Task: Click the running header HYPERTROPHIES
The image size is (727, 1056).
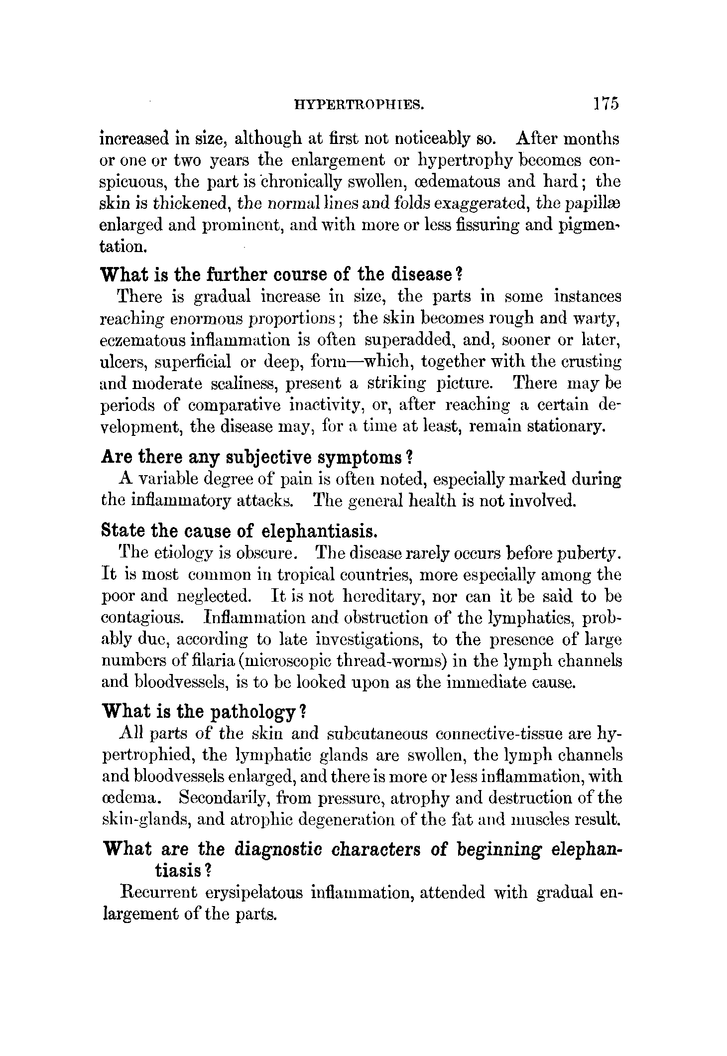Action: [359, 104]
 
